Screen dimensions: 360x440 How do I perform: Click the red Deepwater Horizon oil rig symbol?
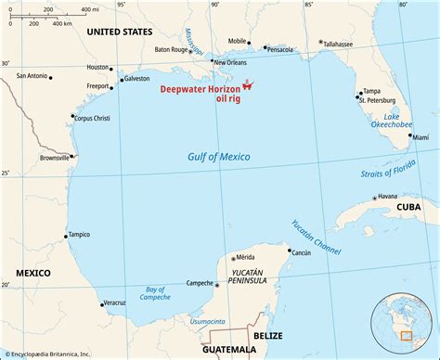point(248,87)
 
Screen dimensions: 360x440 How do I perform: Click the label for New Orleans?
point(230,62)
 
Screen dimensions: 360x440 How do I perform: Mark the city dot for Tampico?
point(65,236)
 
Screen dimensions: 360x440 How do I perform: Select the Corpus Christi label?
point(96,118)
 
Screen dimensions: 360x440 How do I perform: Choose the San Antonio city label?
point(24,76)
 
